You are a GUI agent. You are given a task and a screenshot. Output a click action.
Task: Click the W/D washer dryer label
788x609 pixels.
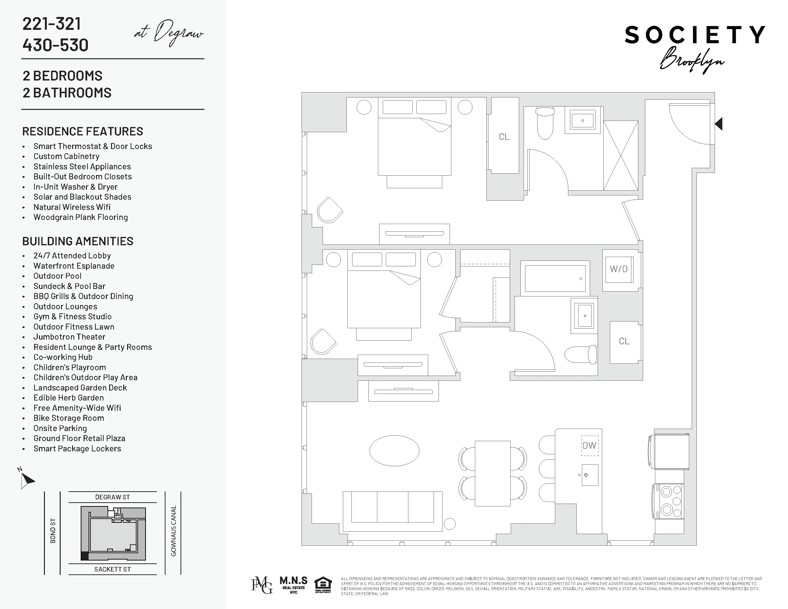pyautogui.click(x=618, y=269)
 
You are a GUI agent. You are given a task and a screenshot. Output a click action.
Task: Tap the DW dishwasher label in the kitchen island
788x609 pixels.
pyautogui.click(x=589, y=446)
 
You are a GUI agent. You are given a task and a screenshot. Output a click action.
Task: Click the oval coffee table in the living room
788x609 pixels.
pyautogui.click(x=394, y=451)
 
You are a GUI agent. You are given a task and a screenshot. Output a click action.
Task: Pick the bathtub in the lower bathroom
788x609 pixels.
pyautogui.click(x=555, y=278)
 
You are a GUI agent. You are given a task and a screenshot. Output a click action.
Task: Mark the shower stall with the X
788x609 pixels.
pyautogui.click(x=621, y=155)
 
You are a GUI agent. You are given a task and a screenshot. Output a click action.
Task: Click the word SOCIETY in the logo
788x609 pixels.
pyautogui.click(x=695, y=35)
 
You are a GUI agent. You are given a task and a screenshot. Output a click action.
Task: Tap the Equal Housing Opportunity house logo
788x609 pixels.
pyautogui.click(x=323, y=585)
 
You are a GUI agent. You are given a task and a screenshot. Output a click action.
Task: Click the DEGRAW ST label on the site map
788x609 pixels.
pyautogui.click(x=112, y=497)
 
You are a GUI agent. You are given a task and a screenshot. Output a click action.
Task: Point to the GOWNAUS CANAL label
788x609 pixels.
pyautogui.click(x=174, y=531)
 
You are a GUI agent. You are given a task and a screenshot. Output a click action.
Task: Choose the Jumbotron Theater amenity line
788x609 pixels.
pyautogui.click(x=69, y=337)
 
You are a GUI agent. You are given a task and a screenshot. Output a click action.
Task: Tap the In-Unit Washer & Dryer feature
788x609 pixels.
pyautogui.click(x=75, y=187)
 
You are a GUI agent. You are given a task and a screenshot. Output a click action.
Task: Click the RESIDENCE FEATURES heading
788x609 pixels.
pyautogui.click(x=83, y=131)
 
